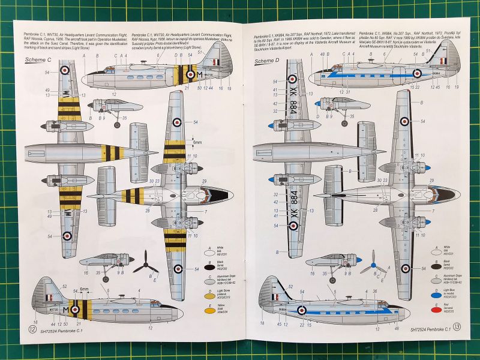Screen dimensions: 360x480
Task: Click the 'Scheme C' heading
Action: (37, 61)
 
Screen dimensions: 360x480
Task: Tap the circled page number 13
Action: (457, 326)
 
